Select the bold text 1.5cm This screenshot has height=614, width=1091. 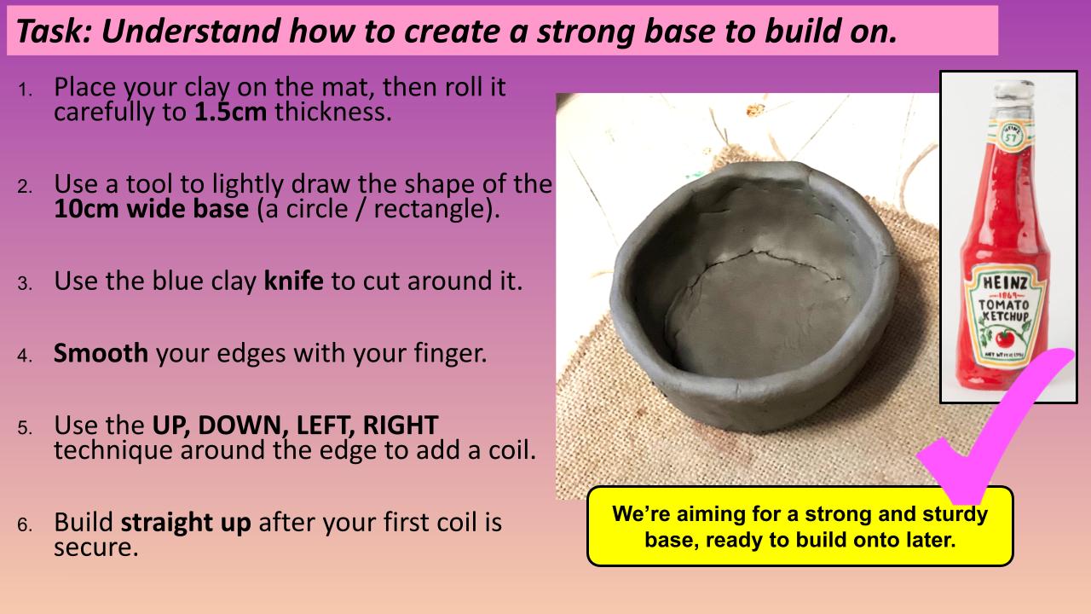click(x=230, y=112)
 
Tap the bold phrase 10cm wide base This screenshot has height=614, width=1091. click(x=152, y=209)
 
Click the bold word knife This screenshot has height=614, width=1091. click(x=293, y=281)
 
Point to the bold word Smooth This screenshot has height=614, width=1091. click(x=101, y=353)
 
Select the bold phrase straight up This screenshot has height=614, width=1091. click(x=186, y=523)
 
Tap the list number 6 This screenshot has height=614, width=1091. click(x=25, y=525)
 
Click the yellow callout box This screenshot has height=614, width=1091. click(x=799, y=526)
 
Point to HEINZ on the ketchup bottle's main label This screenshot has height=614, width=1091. click(x=1005, y=282)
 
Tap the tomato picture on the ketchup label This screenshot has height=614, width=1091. click(x=1004, y=338)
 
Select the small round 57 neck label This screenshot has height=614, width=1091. click(x=1011, y=134)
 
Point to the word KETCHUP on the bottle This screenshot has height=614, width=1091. click(x=1006, y=316)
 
